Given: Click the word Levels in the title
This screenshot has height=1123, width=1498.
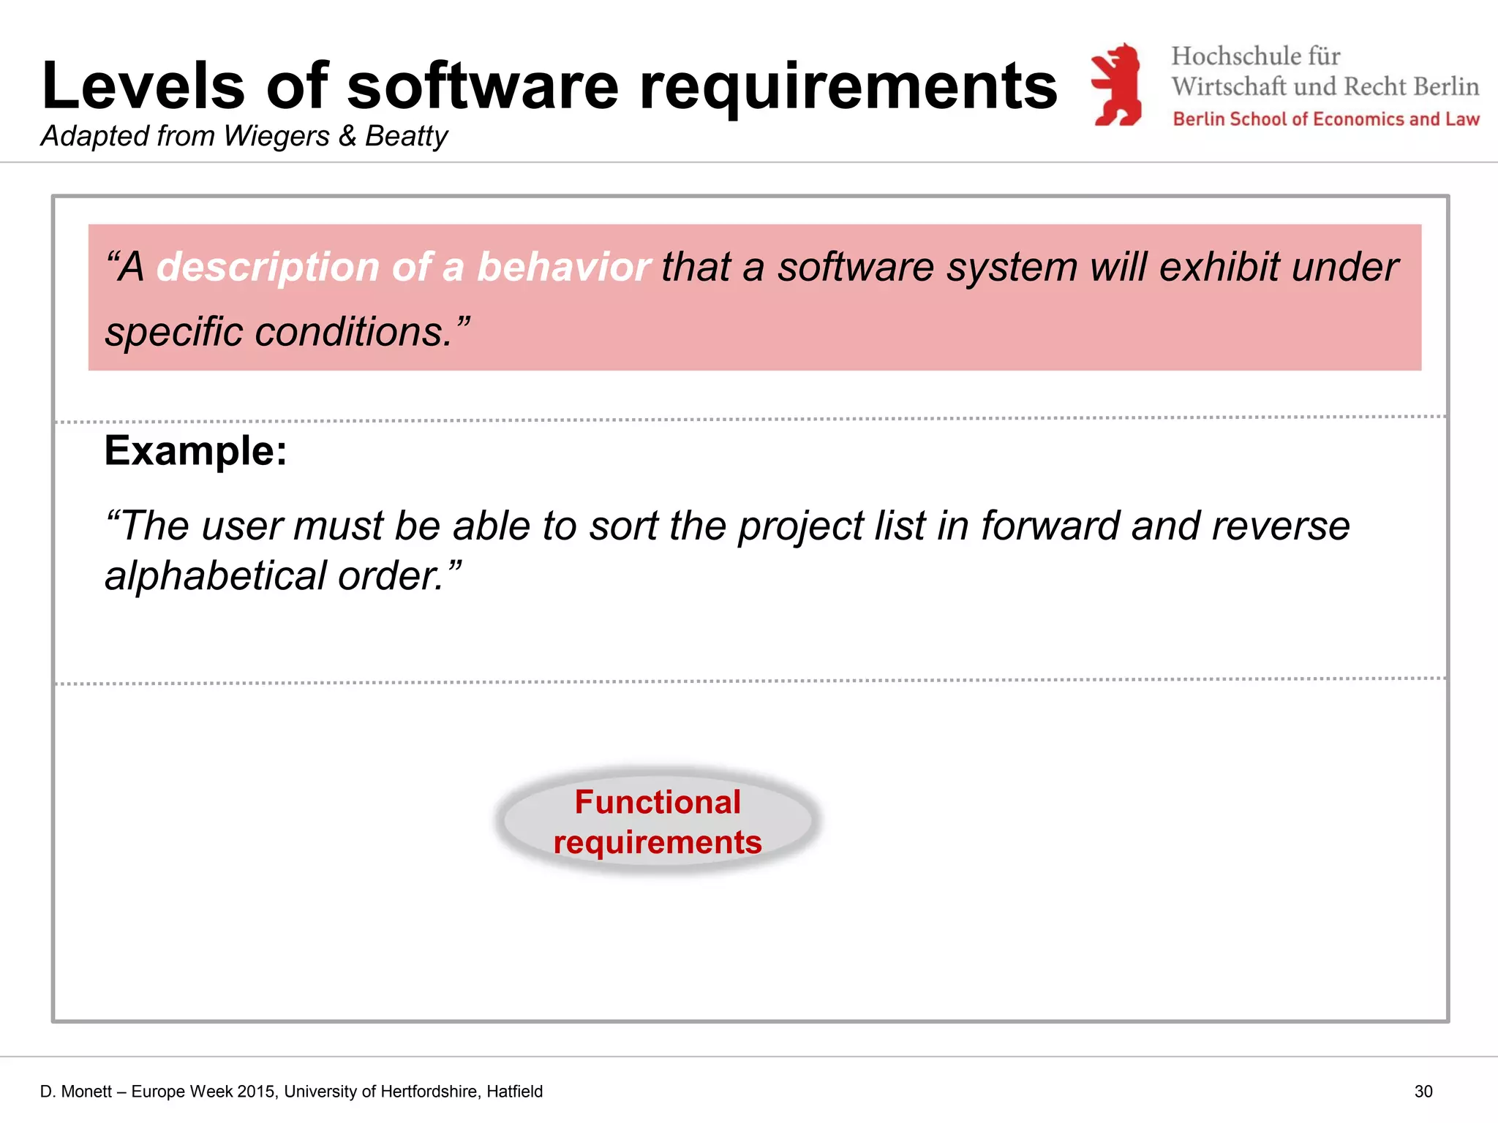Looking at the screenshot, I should (143, 86).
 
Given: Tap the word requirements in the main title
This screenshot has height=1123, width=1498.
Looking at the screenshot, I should (848, 88).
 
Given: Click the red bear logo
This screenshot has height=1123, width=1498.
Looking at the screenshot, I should (1116, 85).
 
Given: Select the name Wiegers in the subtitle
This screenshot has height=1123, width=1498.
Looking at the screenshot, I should (276, 136).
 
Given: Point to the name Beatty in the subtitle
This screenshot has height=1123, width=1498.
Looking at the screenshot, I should (406, 137).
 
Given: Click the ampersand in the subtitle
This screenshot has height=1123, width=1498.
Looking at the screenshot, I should (347, 136).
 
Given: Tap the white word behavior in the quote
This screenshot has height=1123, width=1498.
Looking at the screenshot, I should (563, 266).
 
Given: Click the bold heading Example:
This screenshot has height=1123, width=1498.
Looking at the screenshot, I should (195, 450).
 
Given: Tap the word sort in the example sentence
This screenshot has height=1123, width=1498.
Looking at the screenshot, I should (624, 526).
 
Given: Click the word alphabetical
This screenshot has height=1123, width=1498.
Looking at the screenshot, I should (215, 576).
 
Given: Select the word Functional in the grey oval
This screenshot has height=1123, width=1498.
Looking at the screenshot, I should (658, 802).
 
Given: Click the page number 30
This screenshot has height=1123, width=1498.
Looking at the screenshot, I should (1423, 1092).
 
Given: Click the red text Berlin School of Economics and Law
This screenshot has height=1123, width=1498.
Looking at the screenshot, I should (1325, 119).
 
